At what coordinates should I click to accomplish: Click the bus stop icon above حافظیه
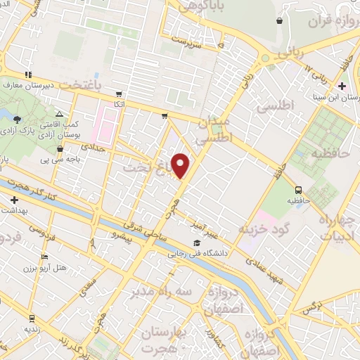[299, 189]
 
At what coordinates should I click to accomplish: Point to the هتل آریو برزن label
[60, 268]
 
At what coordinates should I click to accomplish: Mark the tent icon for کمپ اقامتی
[59, 114]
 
